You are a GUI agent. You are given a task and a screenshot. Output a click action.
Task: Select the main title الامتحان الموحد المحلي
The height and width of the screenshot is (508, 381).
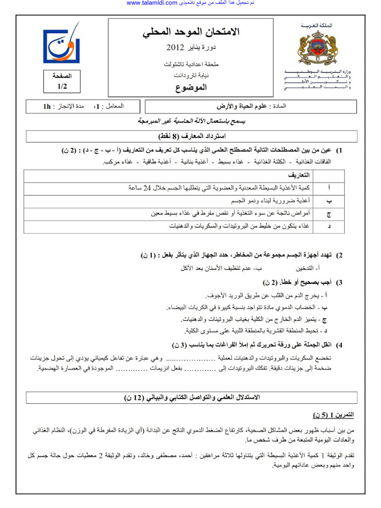[x=191, y=33]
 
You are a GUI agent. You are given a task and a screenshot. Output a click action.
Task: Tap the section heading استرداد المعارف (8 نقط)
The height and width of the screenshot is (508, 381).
[x=191, y=136]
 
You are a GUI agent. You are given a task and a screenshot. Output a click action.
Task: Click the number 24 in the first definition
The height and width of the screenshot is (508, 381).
[x=148, y=188]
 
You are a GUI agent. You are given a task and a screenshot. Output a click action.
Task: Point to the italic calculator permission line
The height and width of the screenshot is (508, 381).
[x=191, y=122]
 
